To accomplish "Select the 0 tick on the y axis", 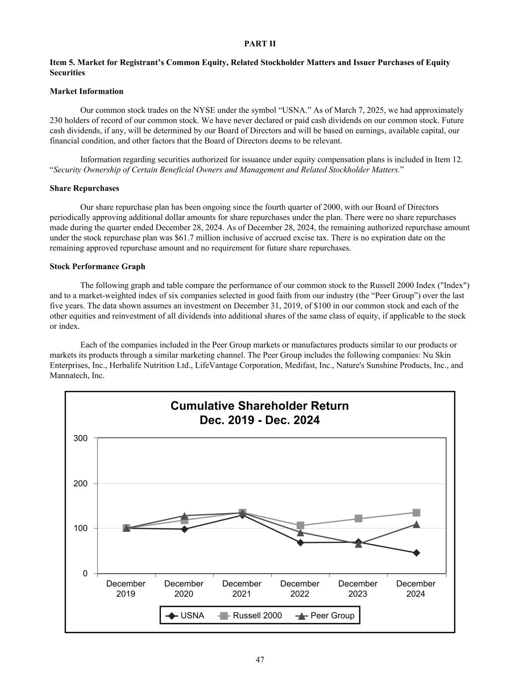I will click(x=85, y=573).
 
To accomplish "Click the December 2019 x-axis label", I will click(x=126, y=589).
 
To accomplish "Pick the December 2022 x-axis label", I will click(x=300, y=589).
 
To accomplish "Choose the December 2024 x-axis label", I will click(x=416, y=589).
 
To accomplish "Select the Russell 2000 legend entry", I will click(x=251, y=616).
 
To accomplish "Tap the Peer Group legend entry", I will click(x=325, y=616).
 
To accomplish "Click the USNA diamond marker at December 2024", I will click(x=416, y=553).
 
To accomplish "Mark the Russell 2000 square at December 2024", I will click(x=416, y=513).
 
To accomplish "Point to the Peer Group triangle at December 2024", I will click(x=416, y=525).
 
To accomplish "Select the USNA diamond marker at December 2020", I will click(x=184, y=529).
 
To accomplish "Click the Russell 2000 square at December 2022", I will click(x=300, y=526).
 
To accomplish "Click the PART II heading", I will click(x=260, y=44).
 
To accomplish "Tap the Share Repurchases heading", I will click(x=84, y=189).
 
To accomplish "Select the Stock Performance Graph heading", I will click(x=97, y=267).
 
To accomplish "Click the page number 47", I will click(x=260, y=660).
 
